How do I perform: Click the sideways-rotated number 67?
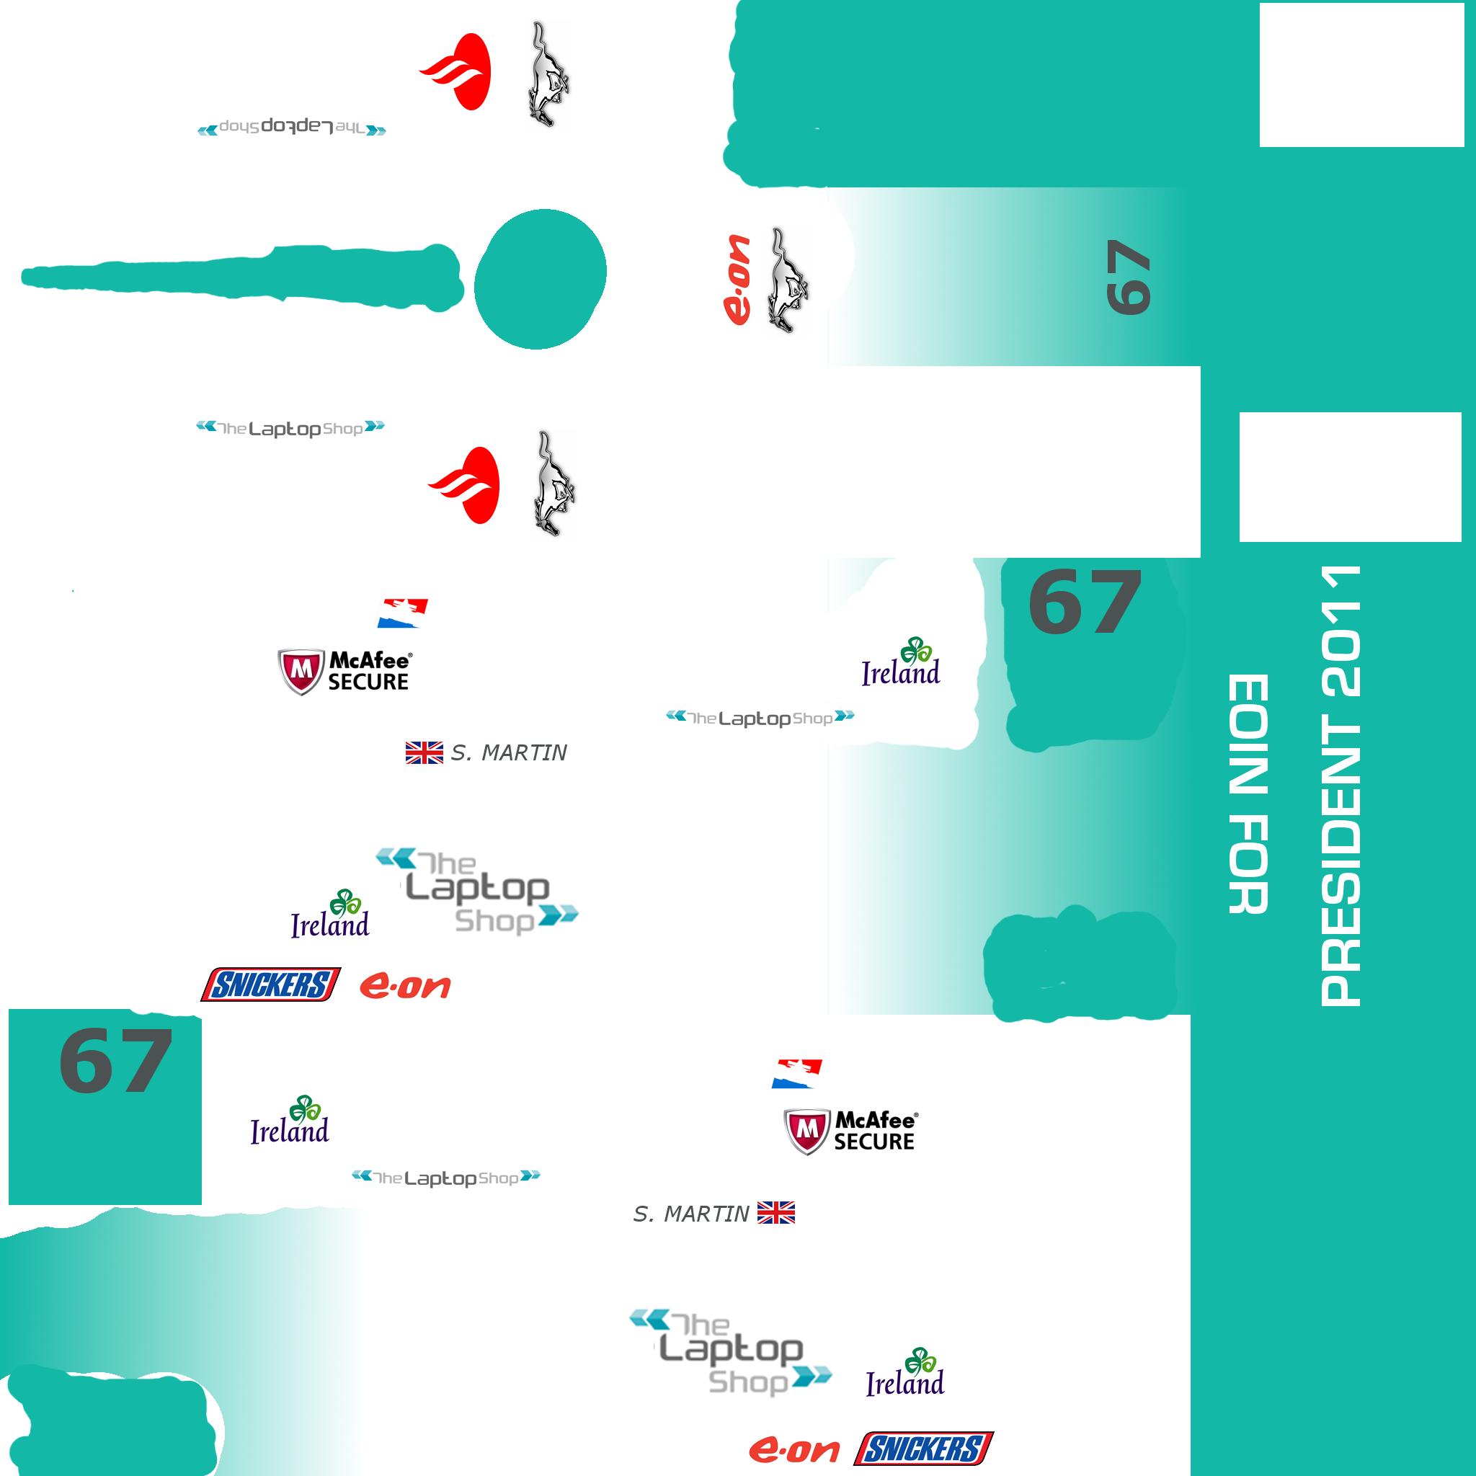pyautogui.click(x=1129, y=277)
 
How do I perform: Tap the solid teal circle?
pyautogui.click(x=540, y=280)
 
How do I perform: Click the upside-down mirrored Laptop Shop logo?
pyautogui.click(x=291, y=128)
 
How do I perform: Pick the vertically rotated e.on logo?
pyautogui.click(x=737, y=280)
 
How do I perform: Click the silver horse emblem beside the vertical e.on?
pyautogui.click(x=787, y=280)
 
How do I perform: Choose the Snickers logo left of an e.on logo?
pyautogui.click(x=270, y=984)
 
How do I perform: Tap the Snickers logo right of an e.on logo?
pyautogui.click(x=924, y=1449)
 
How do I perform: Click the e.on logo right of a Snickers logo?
pyautogui.click(x=405, y=987)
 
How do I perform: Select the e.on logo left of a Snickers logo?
pyautogui.click(x=793, y=1449)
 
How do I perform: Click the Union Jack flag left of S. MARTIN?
pyautogui.click(x=424, y=753)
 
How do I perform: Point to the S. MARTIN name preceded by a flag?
pyautogui.click(x=509, y=753)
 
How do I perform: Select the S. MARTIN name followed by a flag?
pyautogui.click(x=690, y=1213)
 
